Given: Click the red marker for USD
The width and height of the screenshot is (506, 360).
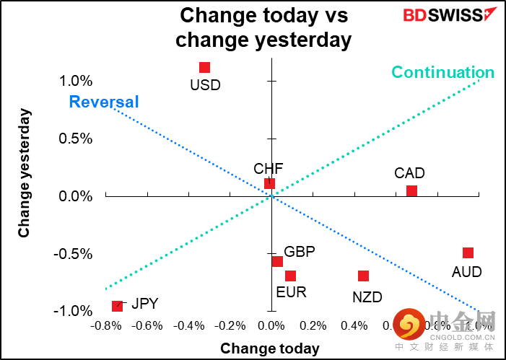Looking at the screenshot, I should [204, 68].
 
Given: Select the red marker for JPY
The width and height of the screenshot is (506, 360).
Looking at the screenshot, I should [117, 306].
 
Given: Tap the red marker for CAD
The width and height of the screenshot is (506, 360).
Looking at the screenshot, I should [411, 191].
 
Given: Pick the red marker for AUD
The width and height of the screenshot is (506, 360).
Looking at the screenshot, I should [468, 253].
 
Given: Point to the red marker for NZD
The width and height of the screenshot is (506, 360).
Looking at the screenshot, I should [363, 276].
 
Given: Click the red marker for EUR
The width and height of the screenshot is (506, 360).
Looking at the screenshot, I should [290, 276].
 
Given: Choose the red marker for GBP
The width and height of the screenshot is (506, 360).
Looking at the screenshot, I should [277, 261].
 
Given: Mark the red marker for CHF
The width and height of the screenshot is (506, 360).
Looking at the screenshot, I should [269, 183].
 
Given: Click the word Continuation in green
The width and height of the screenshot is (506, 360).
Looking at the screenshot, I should [442, 72].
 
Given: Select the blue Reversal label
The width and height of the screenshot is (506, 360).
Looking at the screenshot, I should [103, 102].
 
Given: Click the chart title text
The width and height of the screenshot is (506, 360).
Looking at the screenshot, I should [263, 27].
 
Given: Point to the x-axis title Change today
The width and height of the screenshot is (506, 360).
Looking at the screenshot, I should [269, 348].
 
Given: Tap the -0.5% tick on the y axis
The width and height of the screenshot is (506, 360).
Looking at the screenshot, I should [76, 254].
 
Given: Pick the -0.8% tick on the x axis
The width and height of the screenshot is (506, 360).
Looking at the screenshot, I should [105, 325].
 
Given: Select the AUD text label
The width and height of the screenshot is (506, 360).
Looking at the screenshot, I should [466, 272].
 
